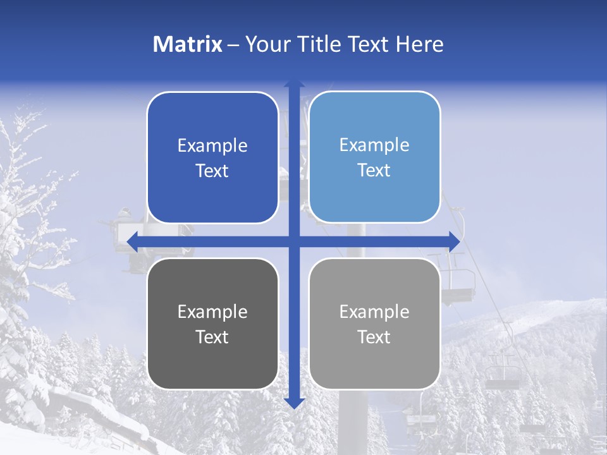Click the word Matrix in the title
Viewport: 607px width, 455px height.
(x=188, y=44)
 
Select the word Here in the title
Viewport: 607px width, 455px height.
(x=419, y=44)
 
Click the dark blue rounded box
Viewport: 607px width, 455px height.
(x=212, y=157)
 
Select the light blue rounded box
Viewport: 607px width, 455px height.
(x=374, y=157)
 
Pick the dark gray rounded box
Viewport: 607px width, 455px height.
(x=212, y=324)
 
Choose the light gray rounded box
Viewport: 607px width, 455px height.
(x=374, y=324)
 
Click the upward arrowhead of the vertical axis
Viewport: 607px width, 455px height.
(x=294, y=83)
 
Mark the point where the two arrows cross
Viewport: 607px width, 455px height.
(x=294, y=241)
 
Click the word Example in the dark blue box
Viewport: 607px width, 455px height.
(x=212, y=145)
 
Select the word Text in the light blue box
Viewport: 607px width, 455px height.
(x=374, y=171)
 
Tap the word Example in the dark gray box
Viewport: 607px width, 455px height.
(x=212, y=312)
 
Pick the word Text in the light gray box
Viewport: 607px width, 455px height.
(x=374, y=337)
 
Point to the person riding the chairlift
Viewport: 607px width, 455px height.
(x=126, y=218)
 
